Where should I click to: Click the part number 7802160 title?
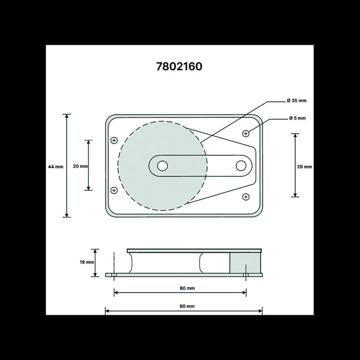click(179, 66)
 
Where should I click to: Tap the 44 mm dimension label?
click(55, 167)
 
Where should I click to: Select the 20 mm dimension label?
click(80, 166)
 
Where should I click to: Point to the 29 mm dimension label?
click(304, 167)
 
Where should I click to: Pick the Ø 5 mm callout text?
click(297, 118)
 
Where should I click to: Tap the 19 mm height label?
click(87, 262)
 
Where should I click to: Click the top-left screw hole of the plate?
click(114, 140)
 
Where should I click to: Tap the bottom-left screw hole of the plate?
click(114, 190)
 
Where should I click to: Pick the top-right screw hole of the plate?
click(246, 134)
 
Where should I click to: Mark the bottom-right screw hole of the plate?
click(246, 196)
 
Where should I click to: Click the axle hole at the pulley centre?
click(163, 166)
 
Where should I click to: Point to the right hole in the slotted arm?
click(241, 166)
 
